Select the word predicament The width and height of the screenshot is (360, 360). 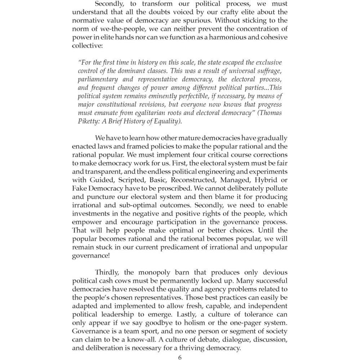(x=192, y=247)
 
